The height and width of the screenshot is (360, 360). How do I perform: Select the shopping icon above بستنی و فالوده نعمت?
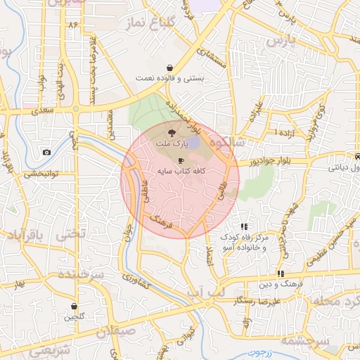[169, 68]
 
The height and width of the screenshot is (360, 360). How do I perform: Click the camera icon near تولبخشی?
[46, 153]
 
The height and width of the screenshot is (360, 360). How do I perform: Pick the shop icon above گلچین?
[75, 307]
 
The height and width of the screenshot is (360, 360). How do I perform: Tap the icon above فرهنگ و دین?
[281, 274]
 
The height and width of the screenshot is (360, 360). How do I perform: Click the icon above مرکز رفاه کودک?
[244, 226]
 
